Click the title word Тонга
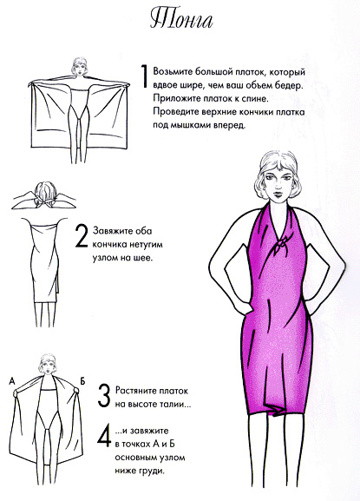[181, 20]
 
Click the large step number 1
[144, 76]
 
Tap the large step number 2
[81, 236]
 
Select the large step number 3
[104, 396]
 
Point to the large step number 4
[105, 435]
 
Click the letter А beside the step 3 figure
[12, 380]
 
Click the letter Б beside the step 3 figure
[82, 380]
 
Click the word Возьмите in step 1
[172, 71]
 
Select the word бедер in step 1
[289, 86]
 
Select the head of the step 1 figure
[79, 66]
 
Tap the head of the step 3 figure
[48, 366]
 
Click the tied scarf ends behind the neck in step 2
[44, 202]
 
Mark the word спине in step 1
[255, 99]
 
